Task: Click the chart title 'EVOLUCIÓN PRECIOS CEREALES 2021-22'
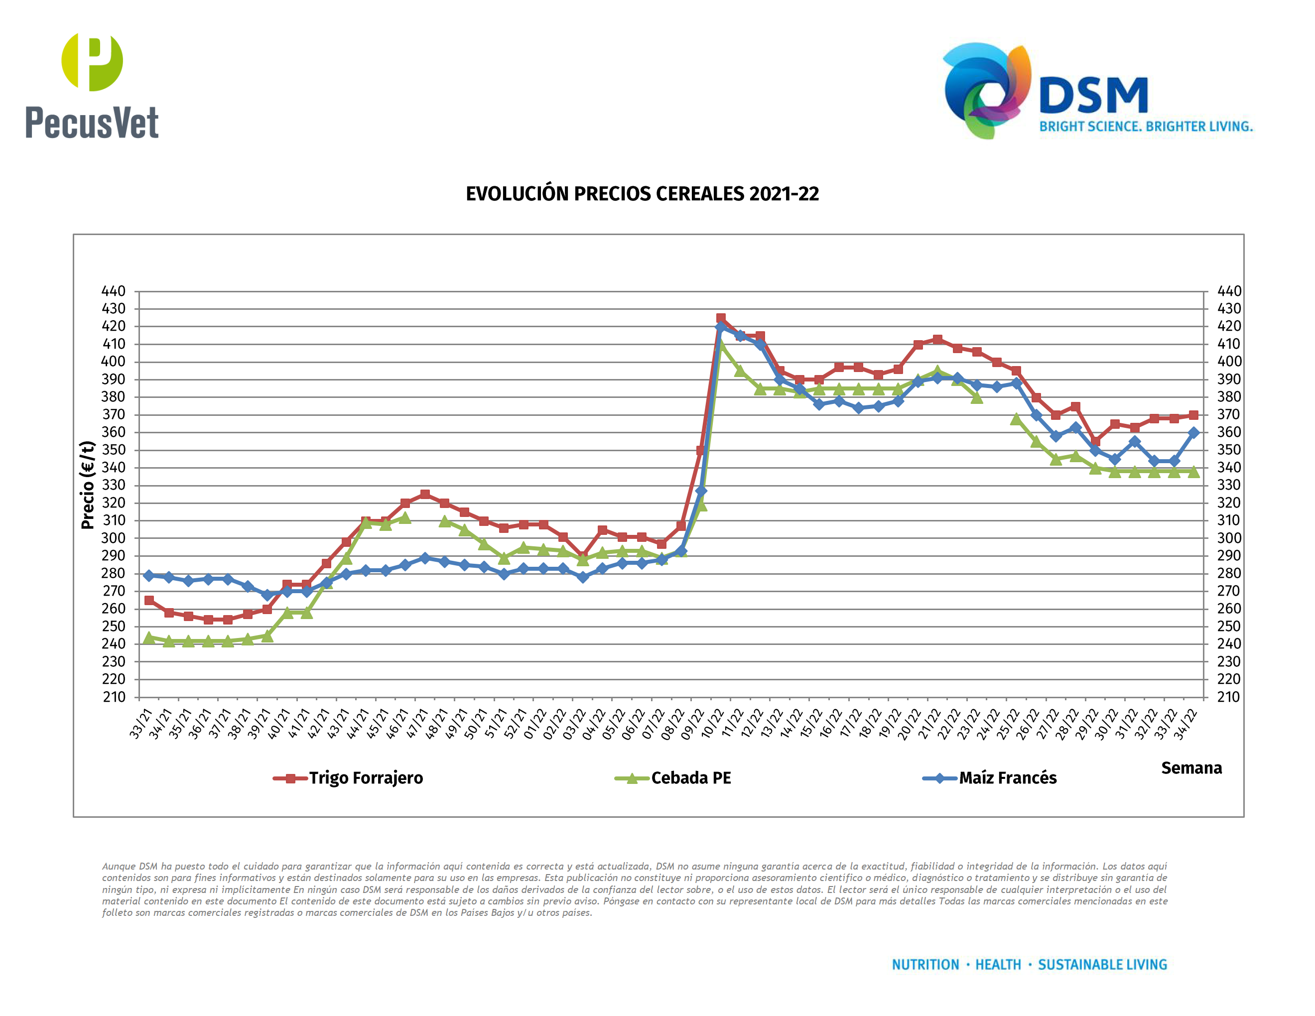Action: click(x=642, y=194)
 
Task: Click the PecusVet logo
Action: click(x=92, y=86)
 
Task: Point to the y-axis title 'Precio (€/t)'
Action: click(x=88, y=485)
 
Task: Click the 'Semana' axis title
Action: click(x=1191, y=768)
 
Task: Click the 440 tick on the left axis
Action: click(x=114, y=291)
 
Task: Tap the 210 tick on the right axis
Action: click(x=1228, y=697)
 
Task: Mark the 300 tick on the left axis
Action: click(x=114, y=538)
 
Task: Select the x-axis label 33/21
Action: click(x=141, y=724)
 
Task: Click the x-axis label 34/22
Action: click(x=1185, y=724)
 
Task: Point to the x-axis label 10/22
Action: click(x=712, y=724)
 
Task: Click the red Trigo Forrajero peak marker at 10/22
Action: click(x=721, y=318)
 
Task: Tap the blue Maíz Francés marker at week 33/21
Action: click(x=149, y=575)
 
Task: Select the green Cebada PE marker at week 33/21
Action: click(x=149, y=637)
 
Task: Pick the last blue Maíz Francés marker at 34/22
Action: click(x=1193, y=433)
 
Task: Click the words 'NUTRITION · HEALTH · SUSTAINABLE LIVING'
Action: click(x=1029, y=965)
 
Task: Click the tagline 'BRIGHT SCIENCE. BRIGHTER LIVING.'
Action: click(x=1145, y=127)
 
